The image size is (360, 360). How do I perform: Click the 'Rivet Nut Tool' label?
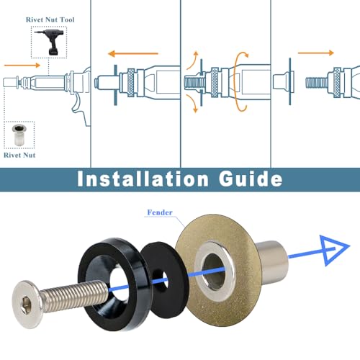click(50, 19)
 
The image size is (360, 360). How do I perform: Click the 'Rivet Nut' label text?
click(19, 155)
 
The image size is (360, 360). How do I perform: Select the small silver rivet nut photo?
click(19, 135)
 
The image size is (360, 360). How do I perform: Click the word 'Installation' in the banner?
click(143, 179)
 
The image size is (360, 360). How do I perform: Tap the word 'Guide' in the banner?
click(251, 179)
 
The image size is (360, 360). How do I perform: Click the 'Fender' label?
click(160, 212)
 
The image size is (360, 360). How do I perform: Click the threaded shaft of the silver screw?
click(74, 297)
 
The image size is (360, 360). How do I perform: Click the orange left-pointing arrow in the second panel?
click(133, 53)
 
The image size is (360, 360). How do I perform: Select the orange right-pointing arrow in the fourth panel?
click(316, 53)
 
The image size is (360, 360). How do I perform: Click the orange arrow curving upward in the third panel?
click(193, 61)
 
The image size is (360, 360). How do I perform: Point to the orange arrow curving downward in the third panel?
click(193, 103)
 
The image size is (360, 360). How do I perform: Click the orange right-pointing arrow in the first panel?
click(22, 66)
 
